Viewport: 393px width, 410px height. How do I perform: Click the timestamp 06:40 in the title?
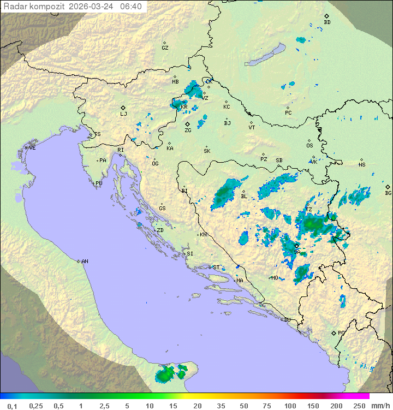pos(131,6)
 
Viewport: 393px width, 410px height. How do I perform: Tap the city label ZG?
pos(188,130)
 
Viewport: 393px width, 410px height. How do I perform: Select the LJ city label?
pos(123,114)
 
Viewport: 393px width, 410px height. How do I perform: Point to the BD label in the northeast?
pos(327,22)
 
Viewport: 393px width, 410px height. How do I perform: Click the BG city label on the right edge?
pos(388,193)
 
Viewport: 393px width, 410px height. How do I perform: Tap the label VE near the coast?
pos(32,148)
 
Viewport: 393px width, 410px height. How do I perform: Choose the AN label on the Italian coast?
pos(85,262)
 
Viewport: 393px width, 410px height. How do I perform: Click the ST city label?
pos(216,268)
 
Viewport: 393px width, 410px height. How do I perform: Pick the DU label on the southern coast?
pos(287,320)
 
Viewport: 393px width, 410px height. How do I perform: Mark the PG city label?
pos(341,332)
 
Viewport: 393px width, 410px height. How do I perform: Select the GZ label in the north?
pos(165,48)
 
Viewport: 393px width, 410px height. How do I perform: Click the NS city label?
pos(362,165)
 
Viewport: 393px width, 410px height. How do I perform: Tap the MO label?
pos(275,278)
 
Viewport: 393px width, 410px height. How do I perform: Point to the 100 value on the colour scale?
pos(290,406)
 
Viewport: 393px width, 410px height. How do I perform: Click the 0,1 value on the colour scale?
pos(12,406)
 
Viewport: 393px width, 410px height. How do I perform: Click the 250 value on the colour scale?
pos(359,406)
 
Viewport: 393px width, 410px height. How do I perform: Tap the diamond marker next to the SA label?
pos(296,246)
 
